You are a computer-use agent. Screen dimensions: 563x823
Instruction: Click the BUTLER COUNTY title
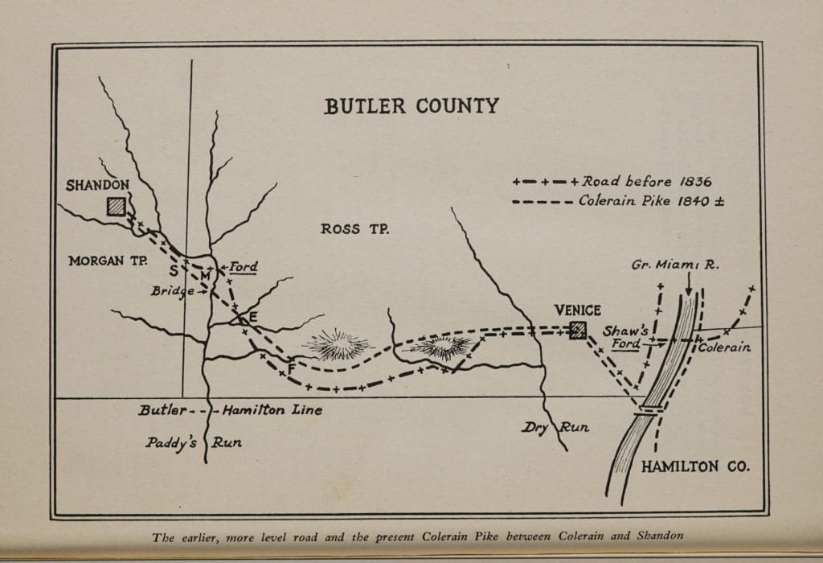coord(411,106)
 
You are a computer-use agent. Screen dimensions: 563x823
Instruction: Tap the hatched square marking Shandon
coord(117,207)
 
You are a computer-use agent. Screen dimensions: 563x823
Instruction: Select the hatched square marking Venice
coord(577,330)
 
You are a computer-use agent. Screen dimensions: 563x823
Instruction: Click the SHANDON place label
coord(97,185)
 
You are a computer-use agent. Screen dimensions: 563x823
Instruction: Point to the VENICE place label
coord(578,310)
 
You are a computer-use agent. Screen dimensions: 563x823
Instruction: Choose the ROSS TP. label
coord(354,229)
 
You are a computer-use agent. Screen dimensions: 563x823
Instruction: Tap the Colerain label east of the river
coord(724,347)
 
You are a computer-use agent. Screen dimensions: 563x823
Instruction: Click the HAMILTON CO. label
coord(695,466)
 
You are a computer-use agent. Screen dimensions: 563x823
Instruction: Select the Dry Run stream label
coord(555,427)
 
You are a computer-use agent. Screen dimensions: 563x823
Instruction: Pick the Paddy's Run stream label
coord(193,442)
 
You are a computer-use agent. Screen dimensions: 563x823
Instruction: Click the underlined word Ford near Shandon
coord(243,267)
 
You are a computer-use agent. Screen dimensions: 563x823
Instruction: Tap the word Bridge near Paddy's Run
coord(172,291)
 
